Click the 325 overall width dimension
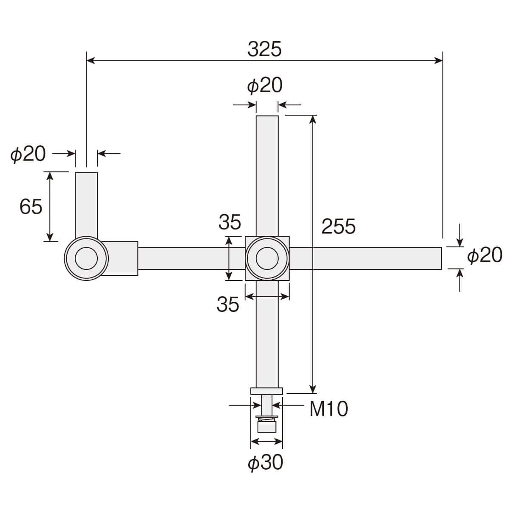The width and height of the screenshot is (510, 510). point(264,49)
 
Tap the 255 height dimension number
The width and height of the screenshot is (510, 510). point(338,226)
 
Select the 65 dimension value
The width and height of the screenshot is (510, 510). point(31,207)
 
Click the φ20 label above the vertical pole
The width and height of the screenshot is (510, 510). point(265,85)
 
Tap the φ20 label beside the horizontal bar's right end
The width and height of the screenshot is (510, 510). point(485,255)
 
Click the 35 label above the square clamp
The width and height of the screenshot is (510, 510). point(230,222)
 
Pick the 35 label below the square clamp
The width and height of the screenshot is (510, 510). point(228,304)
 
